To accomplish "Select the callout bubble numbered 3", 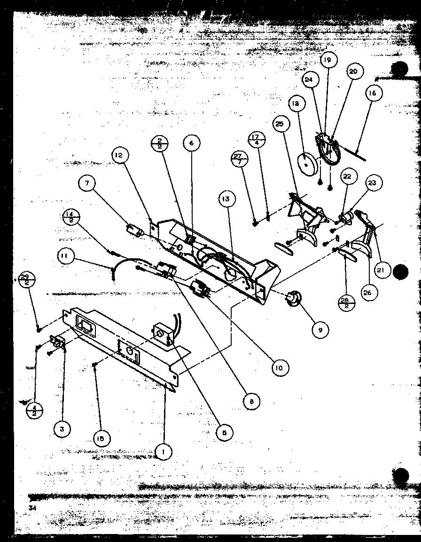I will click(62, 428).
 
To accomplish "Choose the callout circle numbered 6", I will click(192, 143).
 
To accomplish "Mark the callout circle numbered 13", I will click(226, 199).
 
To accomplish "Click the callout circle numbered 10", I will click(280, 367).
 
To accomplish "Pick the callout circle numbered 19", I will click(327, 60).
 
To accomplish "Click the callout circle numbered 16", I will click(372, 93).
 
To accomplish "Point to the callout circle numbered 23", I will click(373, 184).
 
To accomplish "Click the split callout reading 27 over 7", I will click(240, 159).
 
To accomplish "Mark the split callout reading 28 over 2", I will click(347, 302).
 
